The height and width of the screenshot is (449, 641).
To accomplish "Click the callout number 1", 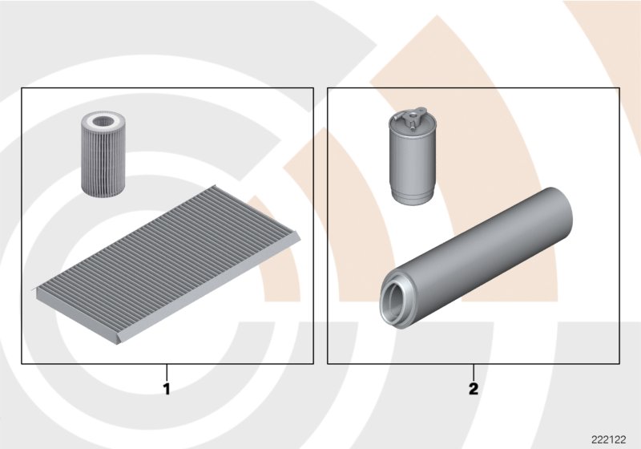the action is point(167,389).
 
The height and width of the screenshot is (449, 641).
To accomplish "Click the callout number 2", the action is point(474,389).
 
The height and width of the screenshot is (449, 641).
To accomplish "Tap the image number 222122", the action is point(608,440).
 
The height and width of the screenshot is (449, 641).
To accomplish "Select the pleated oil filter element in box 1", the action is point(103,153).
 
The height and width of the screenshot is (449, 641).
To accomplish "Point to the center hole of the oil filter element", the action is point(103,121).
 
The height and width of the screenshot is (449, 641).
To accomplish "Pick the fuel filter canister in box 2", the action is point(412,156).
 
